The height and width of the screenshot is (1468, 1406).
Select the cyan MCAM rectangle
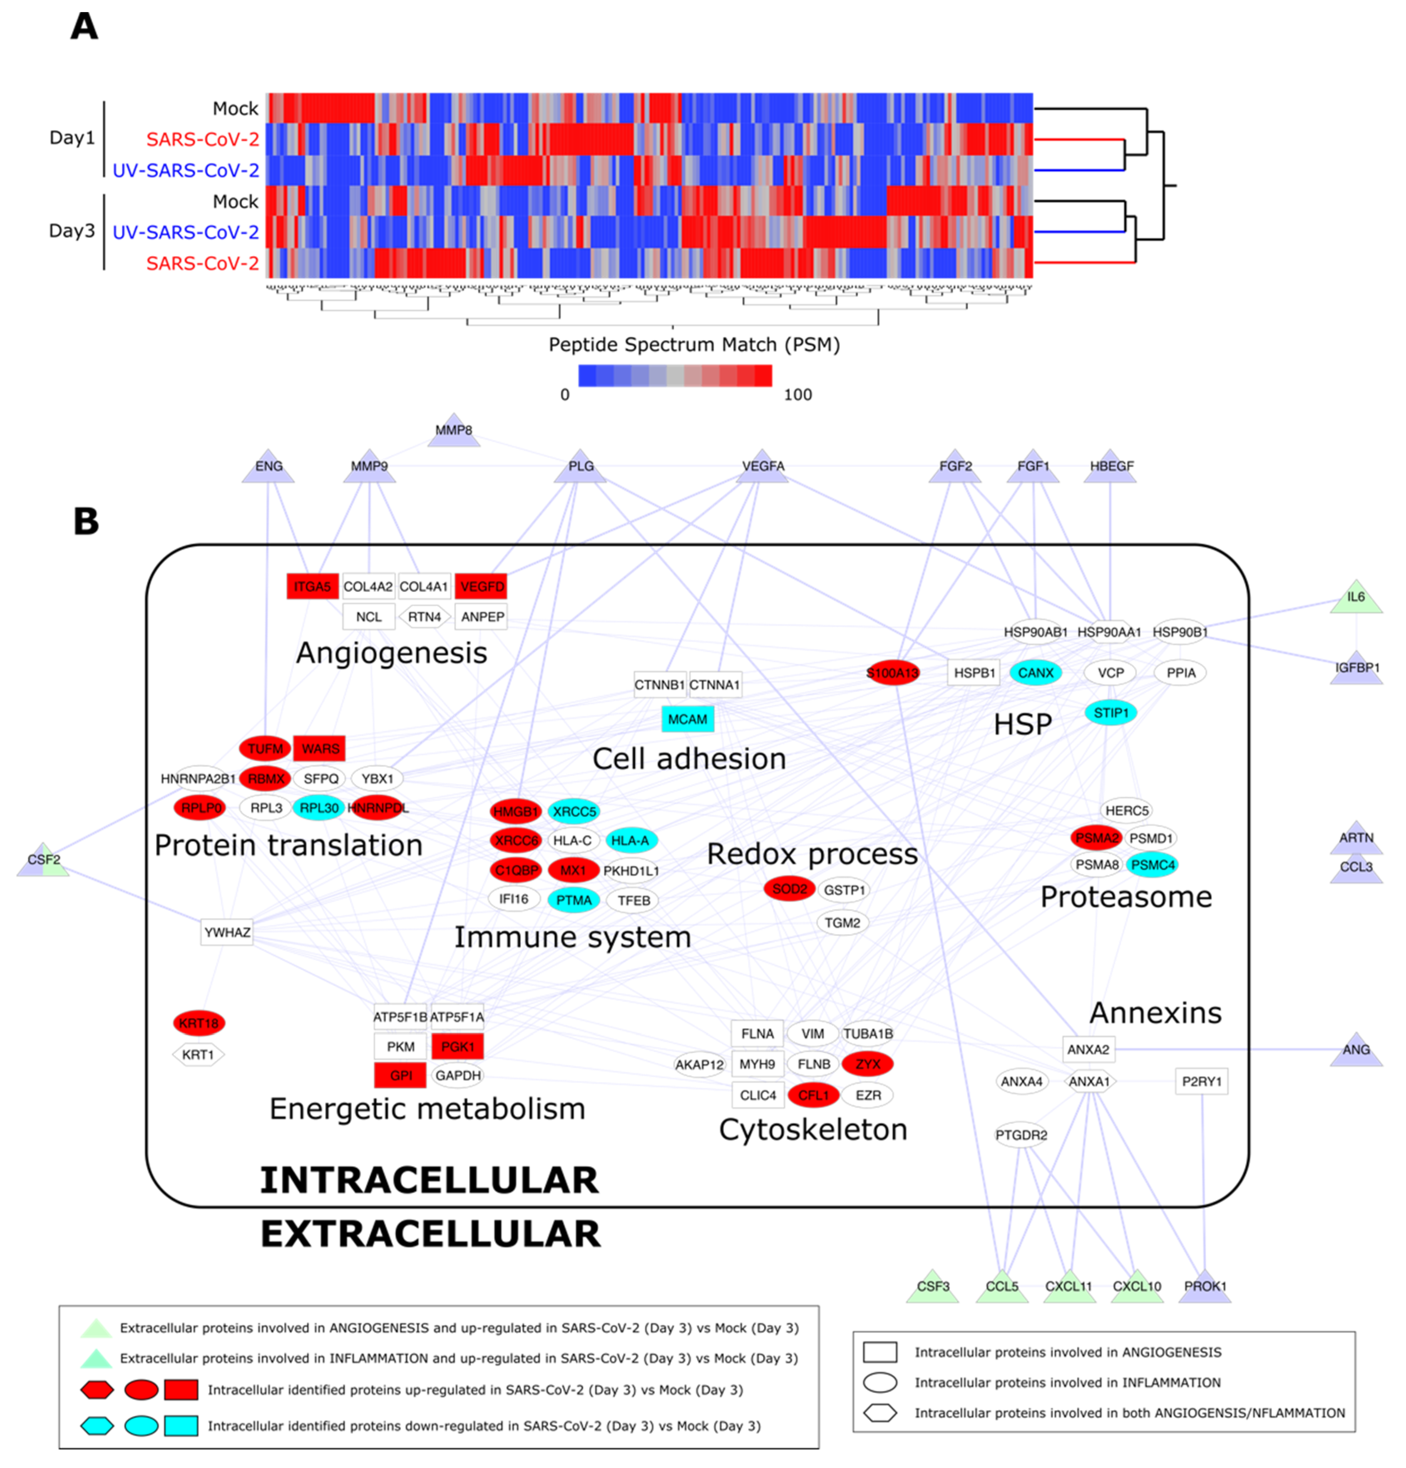coord(686,719)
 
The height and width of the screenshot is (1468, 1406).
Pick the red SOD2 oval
coord(788,889)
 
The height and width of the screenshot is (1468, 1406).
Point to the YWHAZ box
coord(227,932)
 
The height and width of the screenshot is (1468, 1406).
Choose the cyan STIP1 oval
coord(1110,712)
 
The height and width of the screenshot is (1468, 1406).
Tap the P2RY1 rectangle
coord(1201,1081)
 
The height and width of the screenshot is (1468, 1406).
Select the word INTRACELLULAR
coord(429,1180)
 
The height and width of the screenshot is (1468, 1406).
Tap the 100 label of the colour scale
coord(797,395)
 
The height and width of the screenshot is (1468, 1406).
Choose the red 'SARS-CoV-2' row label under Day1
coord(202,140)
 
